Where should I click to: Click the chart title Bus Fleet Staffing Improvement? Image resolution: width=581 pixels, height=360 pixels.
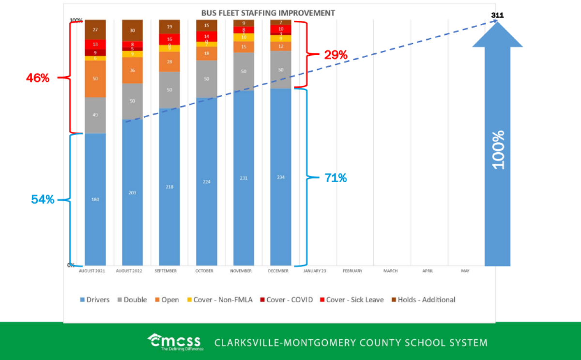click(x=268, y=13)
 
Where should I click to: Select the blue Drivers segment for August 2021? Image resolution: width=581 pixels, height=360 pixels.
click(x=95, y=199)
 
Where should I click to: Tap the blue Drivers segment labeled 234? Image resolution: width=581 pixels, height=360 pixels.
click(x=281, y=177)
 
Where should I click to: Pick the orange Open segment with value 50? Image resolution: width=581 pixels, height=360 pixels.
click(x=95, y=78)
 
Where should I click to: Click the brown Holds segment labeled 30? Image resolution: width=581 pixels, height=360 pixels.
click(x=132, y=31)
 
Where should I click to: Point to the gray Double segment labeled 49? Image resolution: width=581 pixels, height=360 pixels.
click(x=95, y=115)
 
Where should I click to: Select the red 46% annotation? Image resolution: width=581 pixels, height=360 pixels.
click(x=38, y=77)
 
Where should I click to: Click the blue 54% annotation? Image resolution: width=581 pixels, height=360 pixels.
click(x=43, y=199)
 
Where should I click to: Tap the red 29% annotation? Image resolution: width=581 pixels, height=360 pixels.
click(x=336, y=55)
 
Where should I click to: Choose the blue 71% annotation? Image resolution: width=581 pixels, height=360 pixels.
click(x=336, y=178)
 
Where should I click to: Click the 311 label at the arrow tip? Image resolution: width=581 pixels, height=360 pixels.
click(x=497, y=16)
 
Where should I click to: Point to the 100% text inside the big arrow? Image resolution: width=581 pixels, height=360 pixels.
click(x=498, y=149)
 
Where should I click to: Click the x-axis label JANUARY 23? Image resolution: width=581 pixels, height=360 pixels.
click(x=315, y=271)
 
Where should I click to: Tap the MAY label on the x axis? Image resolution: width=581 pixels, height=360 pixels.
click(x=465, y=271)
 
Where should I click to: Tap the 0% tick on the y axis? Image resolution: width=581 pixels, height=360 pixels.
click(x=70, y=266)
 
